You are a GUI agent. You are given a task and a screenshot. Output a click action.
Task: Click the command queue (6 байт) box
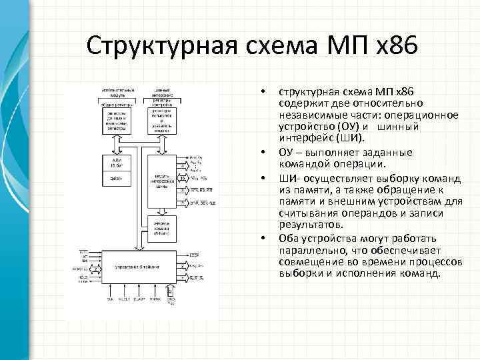[163, 227]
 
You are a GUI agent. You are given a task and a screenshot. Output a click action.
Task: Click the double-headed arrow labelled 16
[182, 179]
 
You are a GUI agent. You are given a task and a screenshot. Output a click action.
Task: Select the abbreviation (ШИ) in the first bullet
[351, 138]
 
